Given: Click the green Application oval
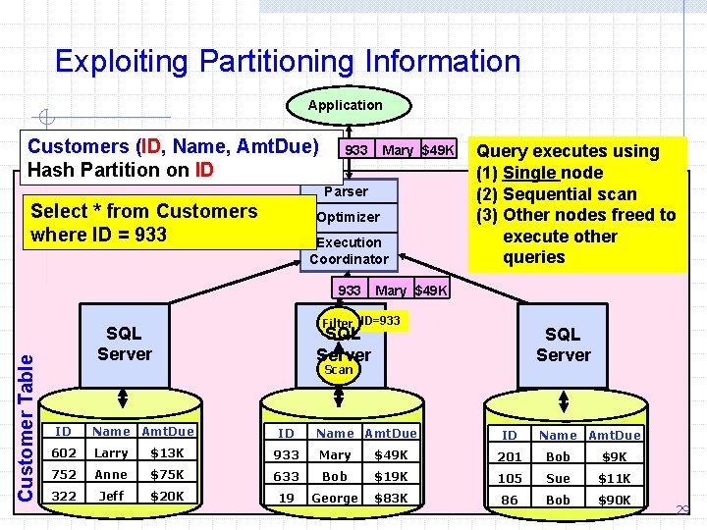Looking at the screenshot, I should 345,105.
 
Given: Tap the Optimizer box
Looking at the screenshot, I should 348,217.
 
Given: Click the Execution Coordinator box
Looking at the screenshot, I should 349,250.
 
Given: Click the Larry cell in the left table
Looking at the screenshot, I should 111,452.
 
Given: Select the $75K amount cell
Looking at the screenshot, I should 167,474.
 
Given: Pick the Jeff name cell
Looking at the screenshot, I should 111,496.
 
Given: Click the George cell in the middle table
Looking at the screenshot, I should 334,498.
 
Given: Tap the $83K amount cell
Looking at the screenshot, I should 391,498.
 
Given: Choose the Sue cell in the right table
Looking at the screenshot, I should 558,478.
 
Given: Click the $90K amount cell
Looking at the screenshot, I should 614,500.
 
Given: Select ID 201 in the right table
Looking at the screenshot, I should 510,456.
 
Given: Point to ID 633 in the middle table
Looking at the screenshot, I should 286,476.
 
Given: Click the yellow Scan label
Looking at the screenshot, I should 338,370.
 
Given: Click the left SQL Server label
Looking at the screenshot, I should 125,344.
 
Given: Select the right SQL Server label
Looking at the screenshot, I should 563,344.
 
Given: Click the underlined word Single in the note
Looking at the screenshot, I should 530,173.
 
